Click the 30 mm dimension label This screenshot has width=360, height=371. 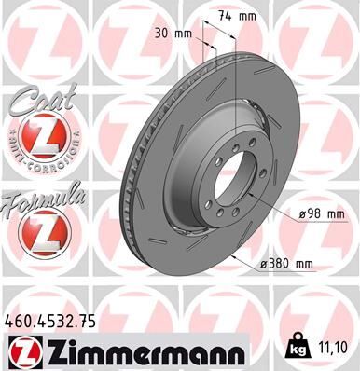[x=176, y=34]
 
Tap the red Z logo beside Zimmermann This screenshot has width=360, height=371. [x=23, y=352]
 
